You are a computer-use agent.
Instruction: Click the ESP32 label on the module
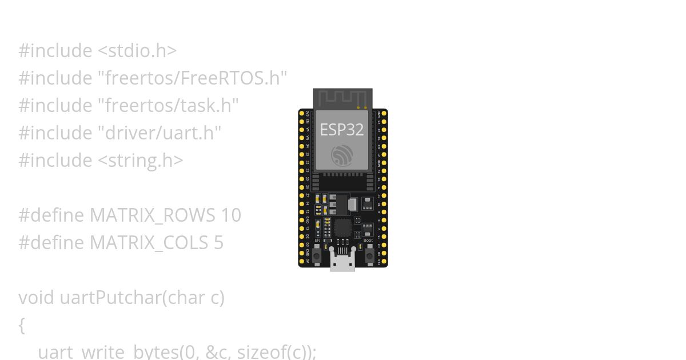(x=342, y=130)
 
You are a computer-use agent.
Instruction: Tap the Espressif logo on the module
(x=342, y=155)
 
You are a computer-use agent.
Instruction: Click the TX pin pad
(x=384, y=138)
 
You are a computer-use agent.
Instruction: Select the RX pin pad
(x=384, y=146)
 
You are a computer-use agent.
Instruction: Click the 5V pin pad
(x=302, y=261)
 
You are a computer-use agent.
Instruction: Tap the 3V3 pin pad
(x=302, y=113)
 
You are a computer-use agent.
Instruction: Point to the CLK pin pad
(x=384, y=261)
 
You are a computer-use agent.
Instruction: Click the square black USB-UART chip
(x=342, y=227)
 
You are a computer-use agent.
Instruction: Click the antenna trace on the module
(x=342, y=98)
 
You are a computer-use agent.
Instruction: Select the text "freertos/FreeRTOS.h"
(x=192, y=78)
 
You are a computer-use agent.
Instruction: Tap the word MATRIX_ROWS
(x=151, y=215)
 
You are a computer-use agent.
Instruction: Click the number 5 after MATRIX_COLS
(x=218, y=242)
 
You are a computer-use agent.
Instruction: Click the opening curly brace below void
(x=22, y=325)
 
